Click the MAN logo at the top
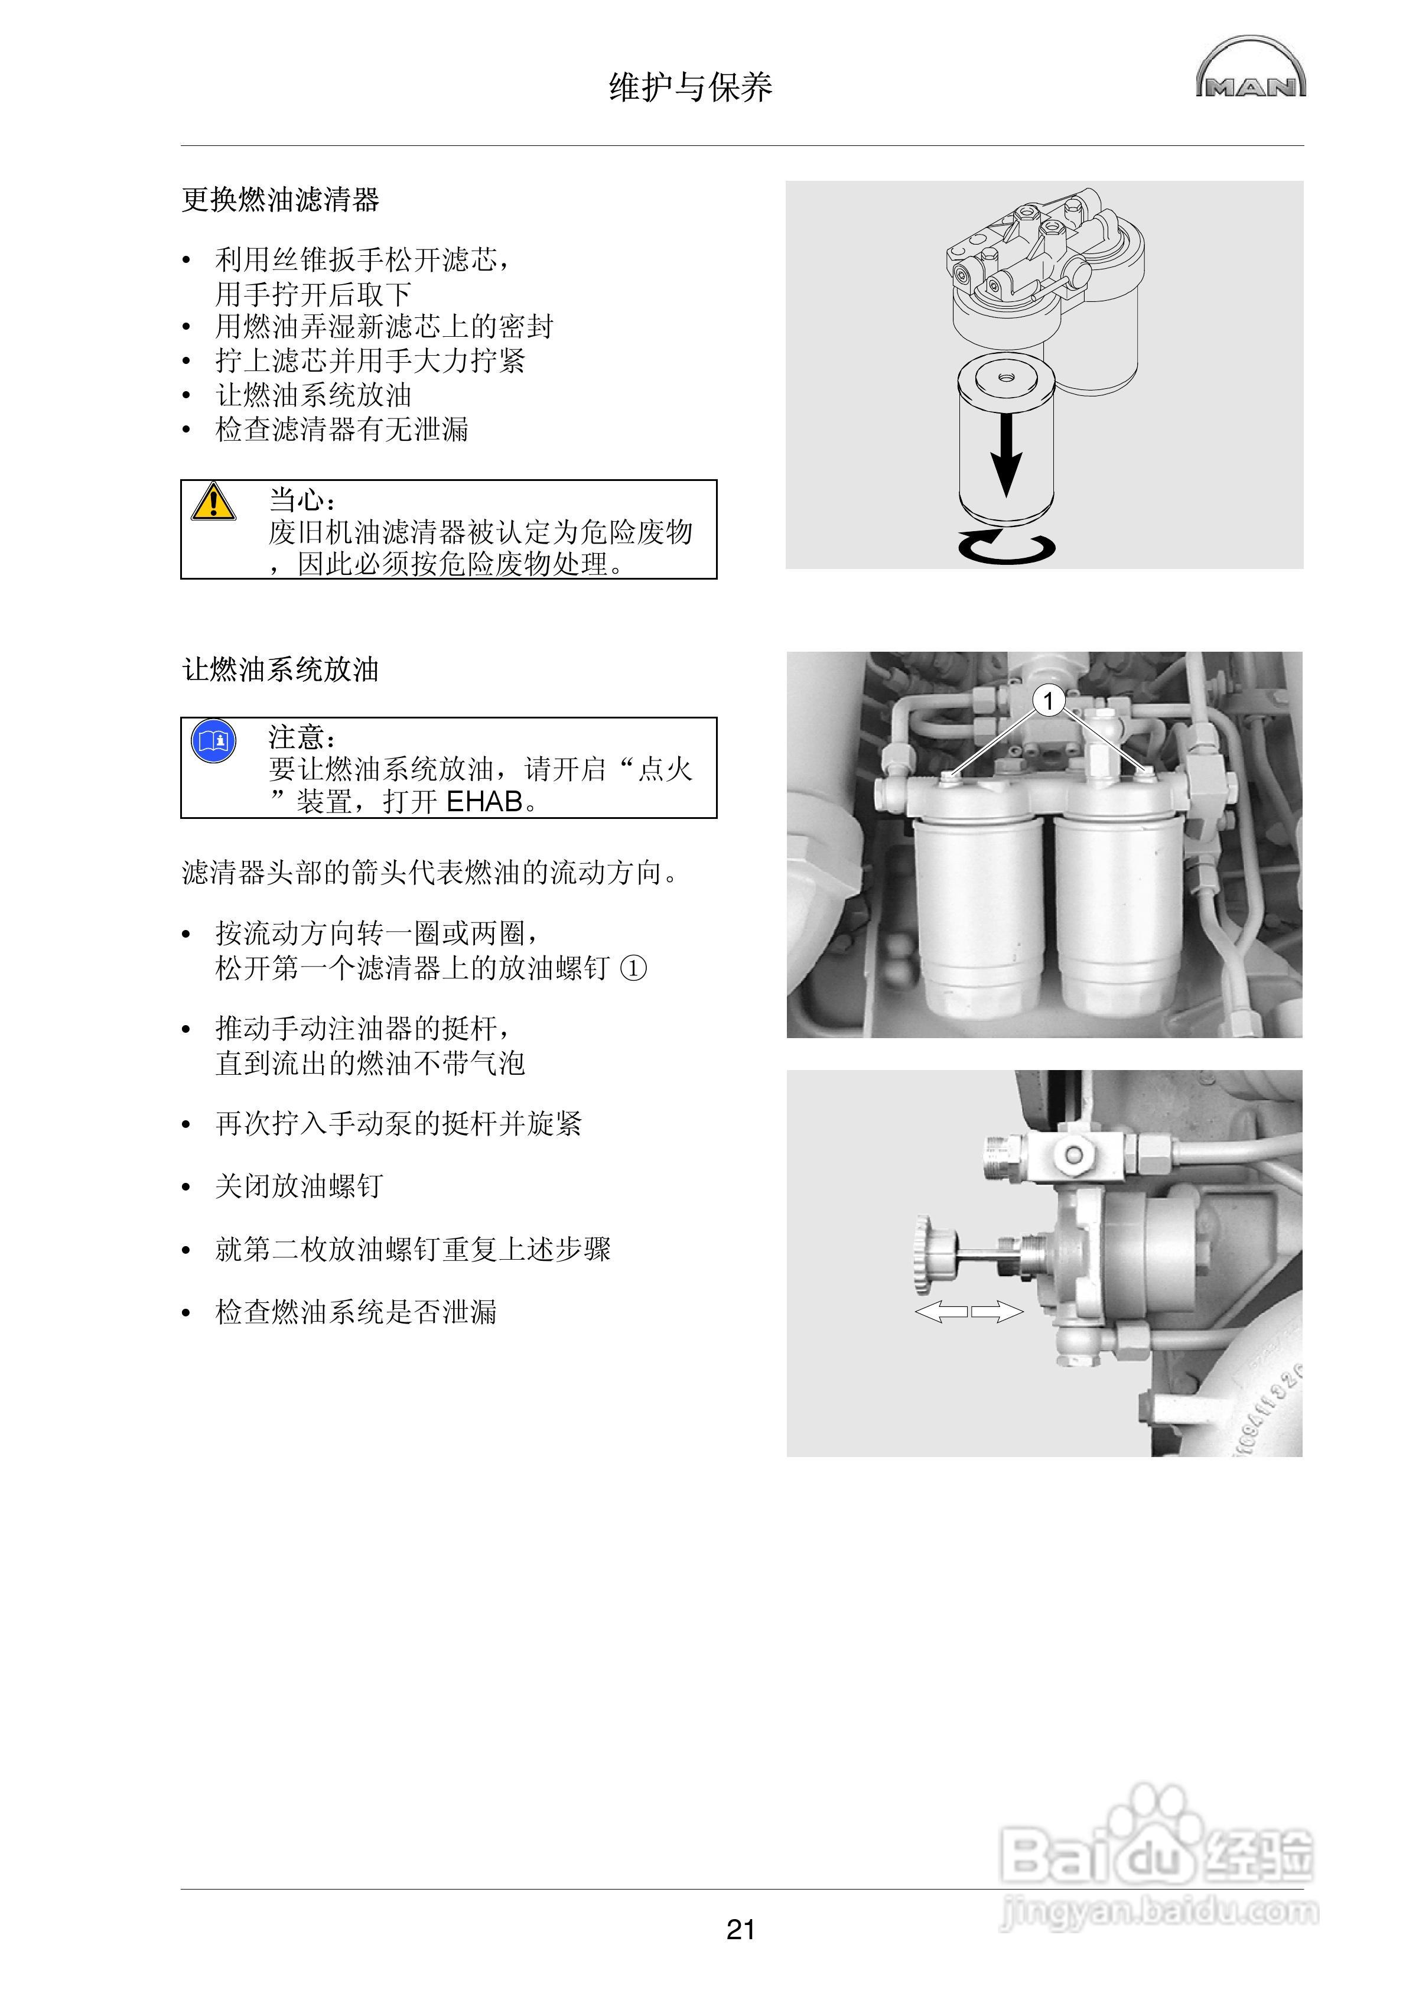[1250, 69]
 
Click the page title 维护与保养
[690, 87]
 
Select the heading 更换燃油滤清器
[280, 200]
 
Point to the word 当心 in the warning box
[297, 500]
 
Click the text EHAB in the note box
[484, 802]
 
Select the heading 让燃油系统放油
[280, 670]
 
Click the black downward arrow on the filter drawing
[1005, 454]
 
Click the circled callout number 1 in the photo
[1049, 700]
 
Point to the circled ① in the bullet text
[634, 968]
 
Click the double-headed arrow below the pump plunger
[968, 1312]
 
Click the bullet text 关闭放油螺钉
[298, 1186]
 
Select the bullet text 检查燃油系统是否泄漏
[356, 1312]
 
